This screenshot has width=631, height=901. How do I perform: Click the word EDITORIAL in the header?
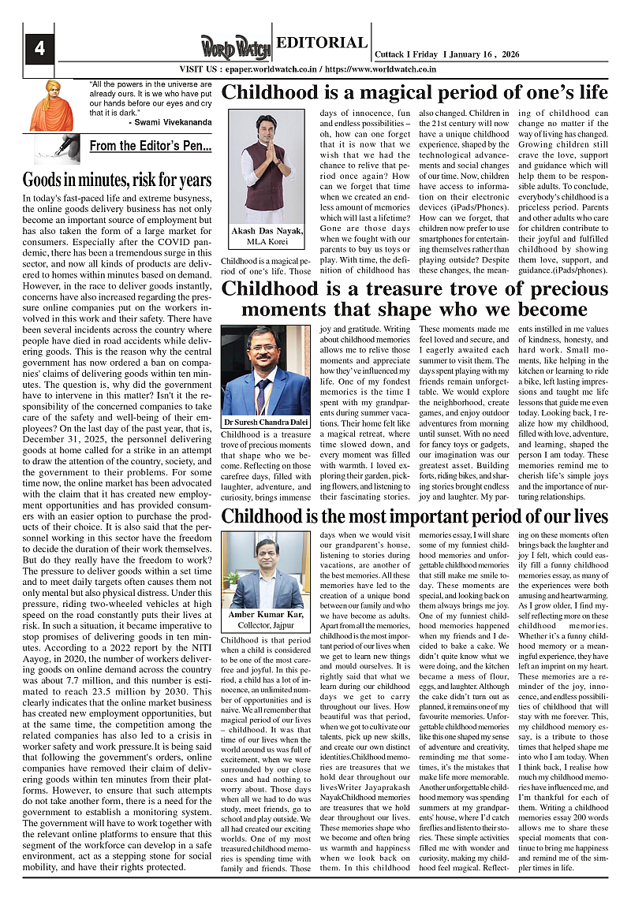pyautogui.click(x=322, y=43)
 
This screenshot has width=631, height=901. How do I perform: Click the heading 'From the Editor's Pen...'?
pyautogui.click(x=150, y=146)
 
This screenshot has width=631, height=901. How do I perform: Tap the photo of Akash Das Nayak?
pyautogui.click(x=267, y=165)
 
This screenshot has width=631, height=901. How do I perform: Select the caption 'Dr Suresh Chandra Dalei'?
pyautogui.click(x=267, y=423)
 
